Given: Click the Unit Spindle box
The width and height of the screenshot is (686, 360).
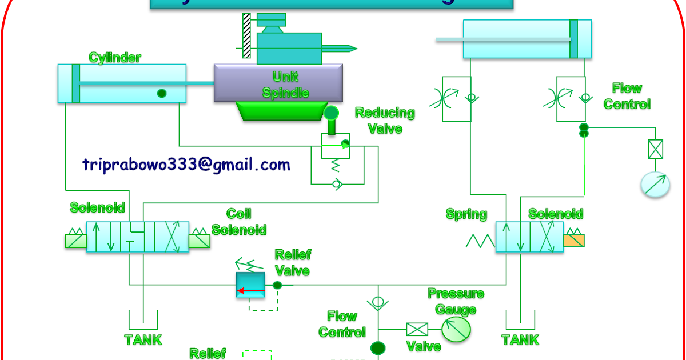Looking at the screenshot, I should pyautogui.click(x=278, y=83).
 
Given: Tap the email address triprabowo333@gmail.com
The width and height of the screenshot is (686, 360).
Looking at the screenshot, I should pyautogui.click(x=186, y=165).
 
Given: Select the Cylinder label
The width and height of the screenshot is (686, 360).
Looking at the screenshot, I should pyautogui.click(x=114, y=58).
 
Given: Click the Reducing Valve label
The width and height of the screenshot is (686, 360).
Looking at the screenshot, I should pyautogui.click(x=385, y=121).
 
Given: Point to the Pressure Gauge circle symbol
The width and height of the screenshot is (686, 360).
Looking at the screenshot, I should pyautogui.click(x=456, y=329).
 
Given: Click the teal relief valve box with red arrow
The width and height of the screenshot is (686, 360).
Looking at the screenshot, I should pyautogui.click(x=250, y=285).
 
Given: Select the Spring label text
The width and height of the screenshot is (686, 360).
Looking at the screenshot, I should pyautogui.click(x=466, y=215).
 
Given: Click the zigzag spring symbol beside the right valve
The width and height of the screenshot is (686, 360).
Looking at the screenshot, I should pyautogui.click(x=480, y=241).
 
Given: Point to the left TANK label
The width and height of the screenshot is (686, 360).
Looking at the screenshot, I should pyautogui.click(x=143, y=340).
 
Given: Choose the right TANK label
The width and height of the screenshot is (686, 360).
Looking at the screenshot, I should pyautogui.click(x=520, y=340).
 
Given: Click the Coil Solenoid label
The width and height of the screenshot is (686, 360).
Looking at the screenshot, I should pyautogui.click(x=239, y=222).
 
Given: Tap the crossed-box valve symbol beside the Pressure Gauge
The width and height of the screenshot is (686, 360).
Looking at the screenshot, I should pyautogui.click(x=417, y=329).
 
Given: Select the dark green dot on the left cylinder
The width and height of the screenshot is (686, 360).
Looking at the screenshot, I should pyautogui.click(x=162, y=93).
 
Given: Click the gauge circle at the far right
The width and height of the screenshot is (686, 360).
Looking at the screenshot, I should pyautogui.click(x=655, y=185).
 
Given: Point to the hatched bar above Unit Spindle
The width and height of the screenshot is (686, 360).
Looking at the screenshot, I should pyautogui.click(x=246, y=36).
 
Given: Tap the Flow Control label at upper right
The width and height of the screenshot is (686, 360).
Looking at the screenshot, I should pyautogui.click(x=627, y=96).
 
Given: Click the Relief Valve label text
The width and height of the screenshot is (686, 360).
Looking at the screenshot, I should pyautogui.click(x=293, y=262).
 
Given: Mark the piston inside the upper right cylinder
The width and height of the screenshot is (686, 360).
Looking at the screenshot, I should pyautogui.click(x=573, y=39).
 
